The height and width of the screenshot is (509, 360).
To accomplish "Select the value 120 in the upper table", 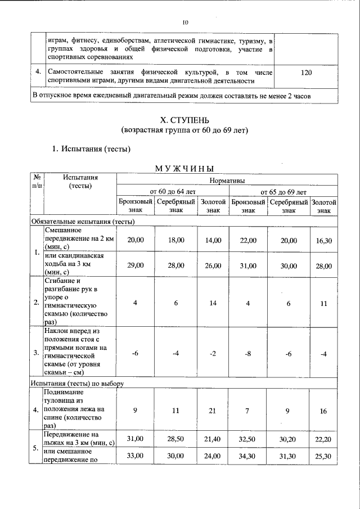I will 306,73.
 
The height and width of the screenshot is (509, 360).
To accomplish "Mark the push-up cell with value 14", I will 213,303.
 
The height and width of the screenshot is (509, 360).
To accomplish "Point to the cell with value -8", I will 248,353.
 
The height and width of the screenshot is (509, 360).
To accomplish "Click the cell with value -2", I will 213,353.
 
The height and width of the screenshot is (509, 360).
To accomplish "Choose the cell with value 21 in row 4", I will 213,411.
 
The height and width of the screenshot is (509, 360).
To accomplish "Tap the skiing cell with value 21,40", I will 213,438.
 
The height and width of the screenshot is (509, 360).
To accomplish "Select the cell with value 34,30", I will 248,456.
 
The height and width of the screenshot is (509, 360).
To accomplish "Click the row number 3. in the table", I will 36,353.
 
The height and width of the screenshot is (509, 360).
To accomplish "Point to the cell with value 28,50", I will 175,438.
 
